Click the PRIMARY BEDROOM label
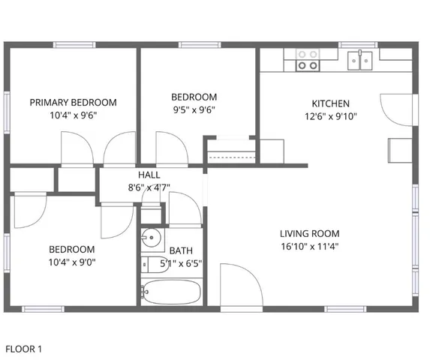pos(73,102)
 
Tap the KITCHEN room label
pos(331,103)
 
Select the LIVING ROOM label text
pos(310,233)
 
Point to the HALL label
pos(149,174)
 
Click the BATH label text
pos(180,250)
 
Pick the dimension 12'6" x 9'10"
pos(331,116)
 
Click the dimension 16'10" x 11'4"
pos(310,246)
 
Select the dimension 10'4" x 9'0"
pos(72,262)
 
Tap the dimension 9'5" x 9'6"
pos(194,109)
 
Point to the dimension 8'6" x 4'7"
pos(149,187)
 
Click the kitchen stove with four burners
pos(306,59)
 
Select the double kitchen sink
pos(362,59)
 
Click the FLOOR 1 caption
pos(24,349)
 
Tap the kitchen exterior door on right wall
pos(395,109)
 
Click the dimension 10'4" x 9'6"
pos(73,115)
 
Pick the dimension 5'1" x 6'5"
pos(181,263)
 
